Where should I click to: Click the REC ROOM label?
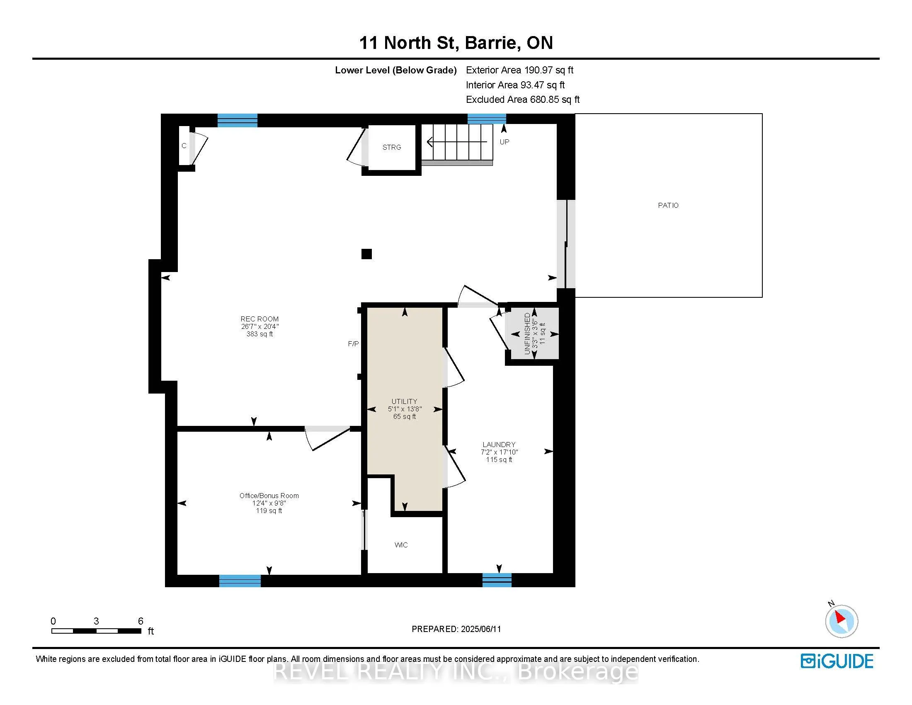[260, 319]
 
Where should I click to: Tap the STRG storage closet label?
[392, 148]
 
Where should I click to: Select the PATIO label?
[668, 205]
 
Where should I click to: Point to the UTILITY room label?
[404, 401]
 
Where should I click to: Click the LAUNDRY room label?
[499, 445]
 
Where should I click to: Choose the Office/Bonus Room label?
[269, 496]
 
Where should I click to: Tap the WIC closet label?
[401, 545]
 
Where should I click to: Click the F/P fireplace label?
[353, 344]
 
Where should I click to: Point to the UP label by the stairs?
[505, 142]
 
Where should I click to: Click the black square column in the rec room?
[366, 254]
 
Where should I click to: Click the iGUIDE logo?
[837, 661]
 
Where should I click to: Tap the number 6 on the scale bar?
[141, 621]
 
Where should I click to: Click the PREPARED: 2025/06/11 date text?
[456, 629]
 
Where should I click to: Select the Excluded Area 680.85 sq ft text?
[523, 100]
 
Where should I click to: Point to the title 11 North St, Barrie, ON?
[456, 43]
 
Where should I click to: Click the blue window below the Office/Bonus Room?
[240, 581]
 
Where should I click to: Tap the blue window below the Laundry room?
[497, 580]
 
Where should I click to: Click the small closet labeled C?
[184, 146]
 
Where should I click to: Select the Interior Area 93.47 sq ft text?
[515, 85]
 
